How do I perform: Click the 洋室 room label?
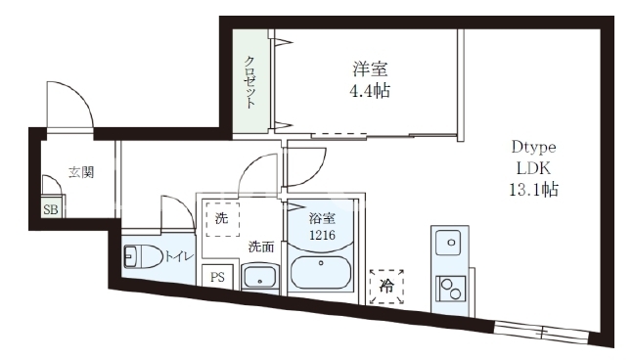click(x=370, y=69)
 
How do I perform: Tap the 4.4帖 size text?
click(x=370, y=91)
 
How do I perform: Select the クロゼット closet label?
click(x=249, y=82)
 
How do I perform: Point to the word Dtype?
click(x=533, y=147)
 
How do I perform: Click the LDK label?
click(x=533, y=168)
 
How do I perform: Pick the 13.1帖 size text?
click(x=533, y=189)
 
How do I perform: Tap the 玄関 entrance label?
click(x=81, y=172)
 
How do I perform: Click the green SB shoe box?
click(x=51, y=209)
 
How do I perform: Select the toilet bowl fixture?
click(x=143, y=256)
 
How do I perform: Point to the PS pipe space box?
click(x=217, y=277)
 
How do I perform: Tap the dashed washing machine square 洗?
click(x=222, y=219)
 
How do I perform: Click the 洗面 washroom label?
click(x=261, y=247)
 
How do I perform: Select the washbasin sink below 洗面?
click(x=260, y=278)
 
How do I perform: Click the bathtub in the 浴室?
click(x=321, y=272)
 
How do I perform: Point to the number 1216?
click(x=322, y=235)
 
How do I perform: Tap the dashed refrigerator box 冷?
click(x=386, y=287)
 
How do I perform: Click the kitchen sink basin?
click(x=449, y=243)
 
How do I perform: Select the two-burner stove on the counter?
click(x=451, y=289)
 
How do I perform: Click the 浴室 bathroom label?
click(x=322, y=218)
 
